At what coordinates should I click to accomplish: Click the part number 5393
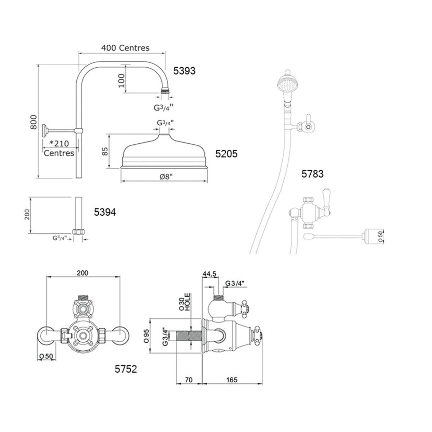(184, 71)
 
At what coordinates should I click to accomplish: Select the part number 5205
(226, 154)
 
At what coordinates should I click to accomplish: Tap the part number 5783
(312, 174)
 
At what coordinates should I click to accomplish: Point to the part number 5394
(105, 212)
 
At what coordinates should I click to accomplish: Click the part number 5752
(126, 369)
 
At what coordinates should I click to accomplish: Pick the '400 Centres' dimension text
(125, 48)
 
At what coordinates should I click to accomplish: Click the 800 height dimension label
(33, 122)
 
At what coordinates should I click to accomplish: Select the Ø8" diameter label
(166, 176)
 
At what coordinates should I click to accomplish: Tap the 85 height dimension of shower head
(105, 151)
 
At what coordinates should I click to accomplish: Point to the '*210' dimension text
(59, 144)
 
